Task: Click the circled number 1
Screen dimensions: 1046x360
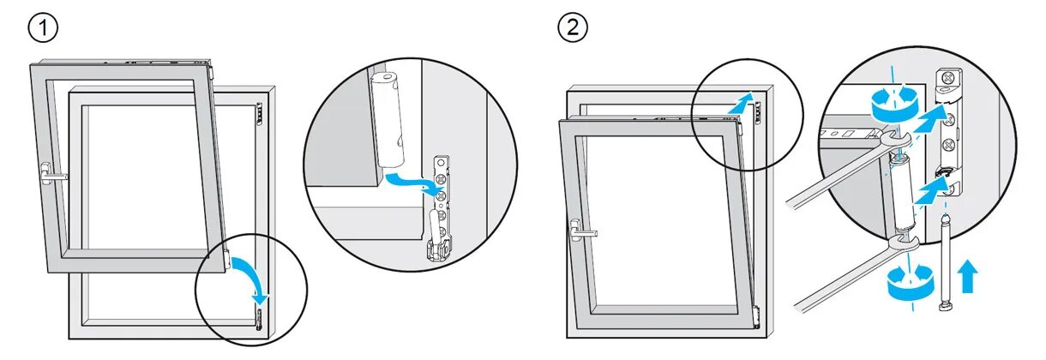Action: click(43, 28)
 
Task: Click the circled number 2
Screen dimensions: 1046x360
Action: click(573, 28)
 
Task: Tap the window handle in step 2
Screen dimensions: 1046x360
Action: click(582, 230)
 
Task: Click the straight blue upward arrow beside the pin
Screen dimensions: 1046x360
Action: click(968, 278)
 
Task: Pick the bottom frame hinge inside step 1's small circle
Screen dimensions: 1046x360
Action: click(259, 320)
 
